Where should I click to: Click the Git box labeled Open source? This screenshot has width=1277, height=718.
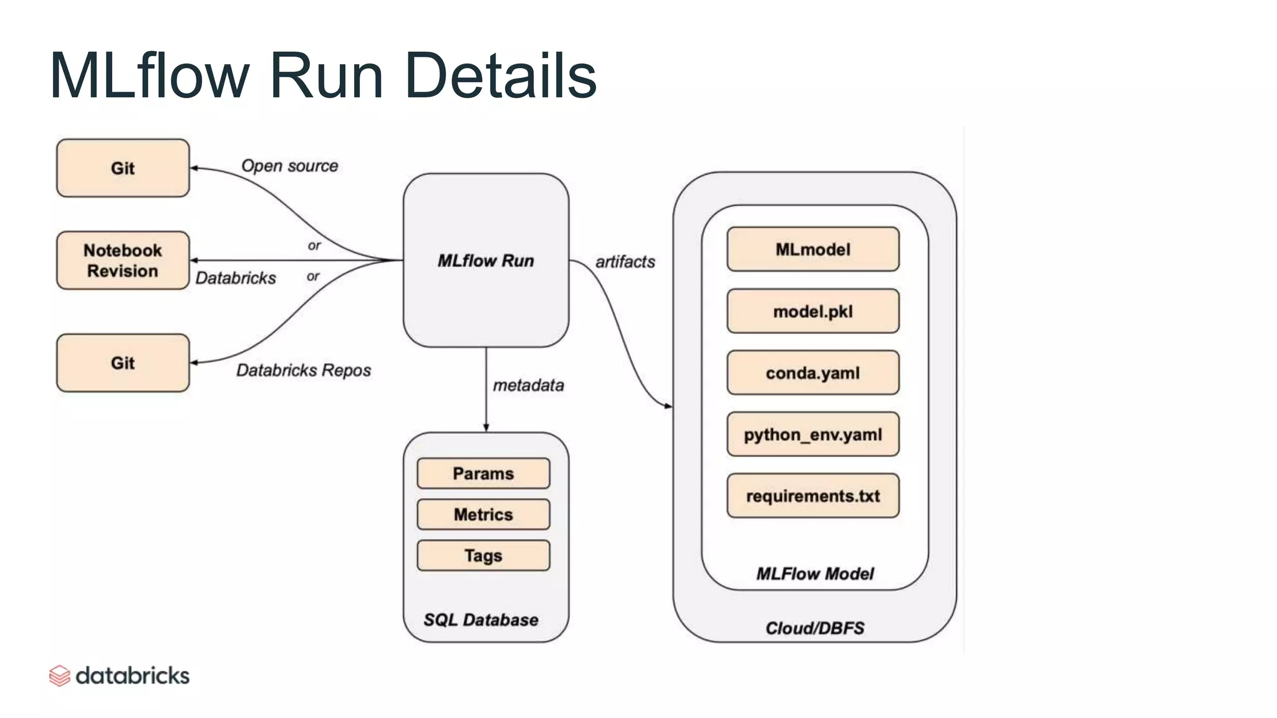coord(123,168)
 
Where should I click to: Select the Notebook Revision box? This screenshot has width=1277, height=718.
coord(123,261)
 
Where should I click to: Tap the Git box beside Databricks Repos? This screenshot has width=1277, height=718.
coord(123,363)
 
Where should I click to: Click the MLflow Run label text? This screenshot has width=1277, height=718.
coord(485,261)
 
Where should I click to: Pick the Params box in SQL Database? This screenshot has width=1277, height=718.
coord(483,474)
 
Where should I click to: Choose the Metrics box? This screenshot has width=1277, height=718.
coord(483,515)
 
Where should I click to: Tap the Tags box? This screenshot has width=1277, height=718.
coord(483,555)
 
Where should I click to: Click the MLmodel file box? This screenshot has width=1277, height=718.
coord(812,249)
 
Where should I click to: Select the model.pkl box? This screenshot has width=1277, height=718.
coord(812,311)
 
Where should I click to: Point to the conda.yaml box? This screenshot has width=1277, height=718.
coord(812,373)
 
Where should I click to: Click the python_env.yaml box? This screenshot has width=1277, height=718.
coord(812,434)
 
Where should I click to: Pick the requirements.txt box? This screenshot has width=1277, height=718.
coord(812,496)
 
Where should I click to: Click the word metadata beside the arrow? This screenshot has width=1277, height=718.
coord(528,386)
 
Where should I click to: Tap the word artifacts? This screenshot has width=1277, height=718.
coord(625,262)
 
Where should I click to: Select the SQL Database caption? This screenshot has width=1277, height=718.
coord(481,620)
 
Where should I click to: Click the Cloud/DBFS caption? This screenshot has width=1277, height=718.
coord(814,628)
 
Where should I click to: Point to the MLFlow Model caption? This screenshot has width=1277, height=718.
coord(814,573)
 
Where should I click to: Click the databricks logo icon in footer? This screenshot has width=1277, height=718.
coord(60,676)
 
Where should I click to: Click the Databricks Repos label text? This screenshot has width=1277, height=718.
coord(303,371)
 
